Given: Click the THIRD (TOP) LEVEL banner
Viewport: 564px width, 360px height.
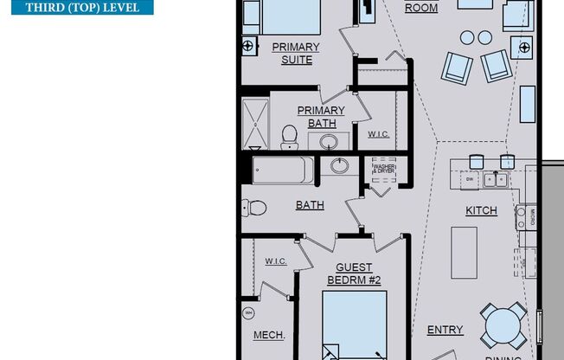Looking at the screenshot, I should click(x=76, y=9).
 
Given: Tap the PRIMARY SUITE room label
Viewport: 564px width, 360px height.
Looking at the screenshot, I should click(x=296, y=54).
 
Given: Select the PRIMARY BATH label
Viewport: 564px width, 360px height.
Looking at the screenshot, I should click(x=321, y=117).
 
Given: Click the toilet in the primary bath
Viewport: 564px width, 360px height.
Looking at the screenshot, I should click(x=290, y=136).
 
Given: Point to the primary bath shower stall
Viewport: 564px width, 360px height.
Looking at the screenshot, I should click(x=256, y=125).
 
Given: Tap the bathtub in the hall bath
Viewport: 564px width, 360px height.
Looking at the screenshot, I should click(x=283, y=170).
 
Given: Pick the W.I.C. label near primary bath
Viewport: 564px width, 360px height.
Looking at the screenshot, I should click(x=378, y=134).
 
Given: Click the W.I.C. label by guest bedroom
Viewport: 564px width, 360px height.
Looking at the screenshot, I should click(x=276, y=260).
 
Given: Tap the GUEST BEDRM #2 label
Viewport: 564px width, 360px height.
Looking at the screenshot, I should click(x=354, y=273).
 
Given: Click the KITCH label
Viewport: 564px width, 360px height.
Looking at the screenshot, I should click(x=482, y=210).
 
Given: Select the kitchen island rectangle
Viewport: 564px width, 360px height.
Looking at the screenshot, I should click(x=465, y=252).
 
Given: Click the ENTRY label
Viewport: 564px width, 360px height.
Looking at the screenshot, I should click(x=445, y=330).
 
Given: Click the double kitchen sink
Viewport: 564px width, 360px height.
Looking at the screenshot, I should click(x=496, y=180).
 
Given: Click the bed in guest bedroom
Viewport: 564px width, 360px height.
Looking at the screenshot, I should click(x=354, y=325).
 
